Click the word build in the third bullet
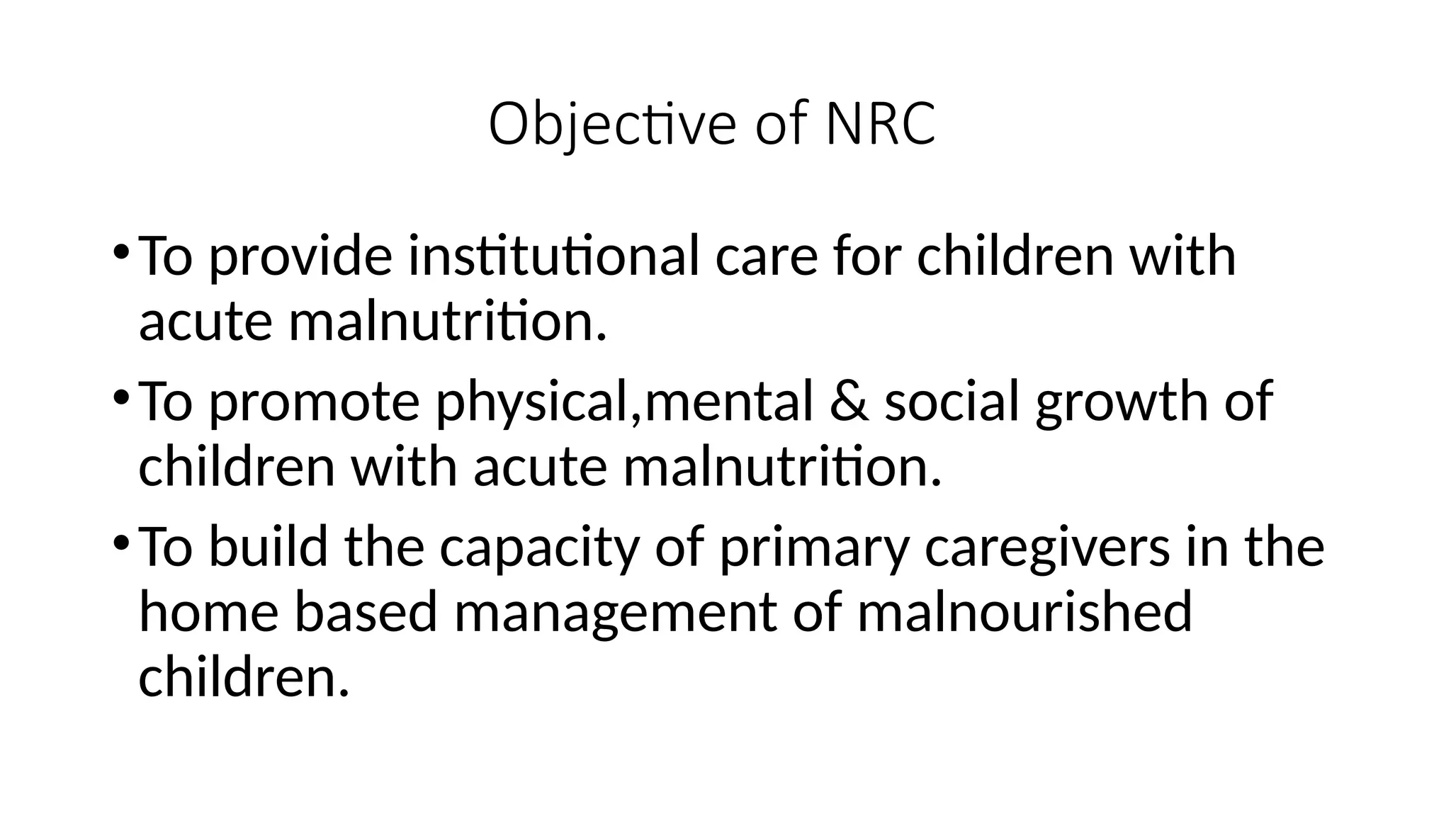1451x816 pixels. pos(269,548)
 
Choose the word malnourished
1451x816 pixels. pos(1024,613)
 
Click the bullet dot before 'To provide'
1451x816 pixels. pos(121,251)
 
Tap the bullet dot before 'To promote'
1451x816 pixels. pos(121,397)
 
